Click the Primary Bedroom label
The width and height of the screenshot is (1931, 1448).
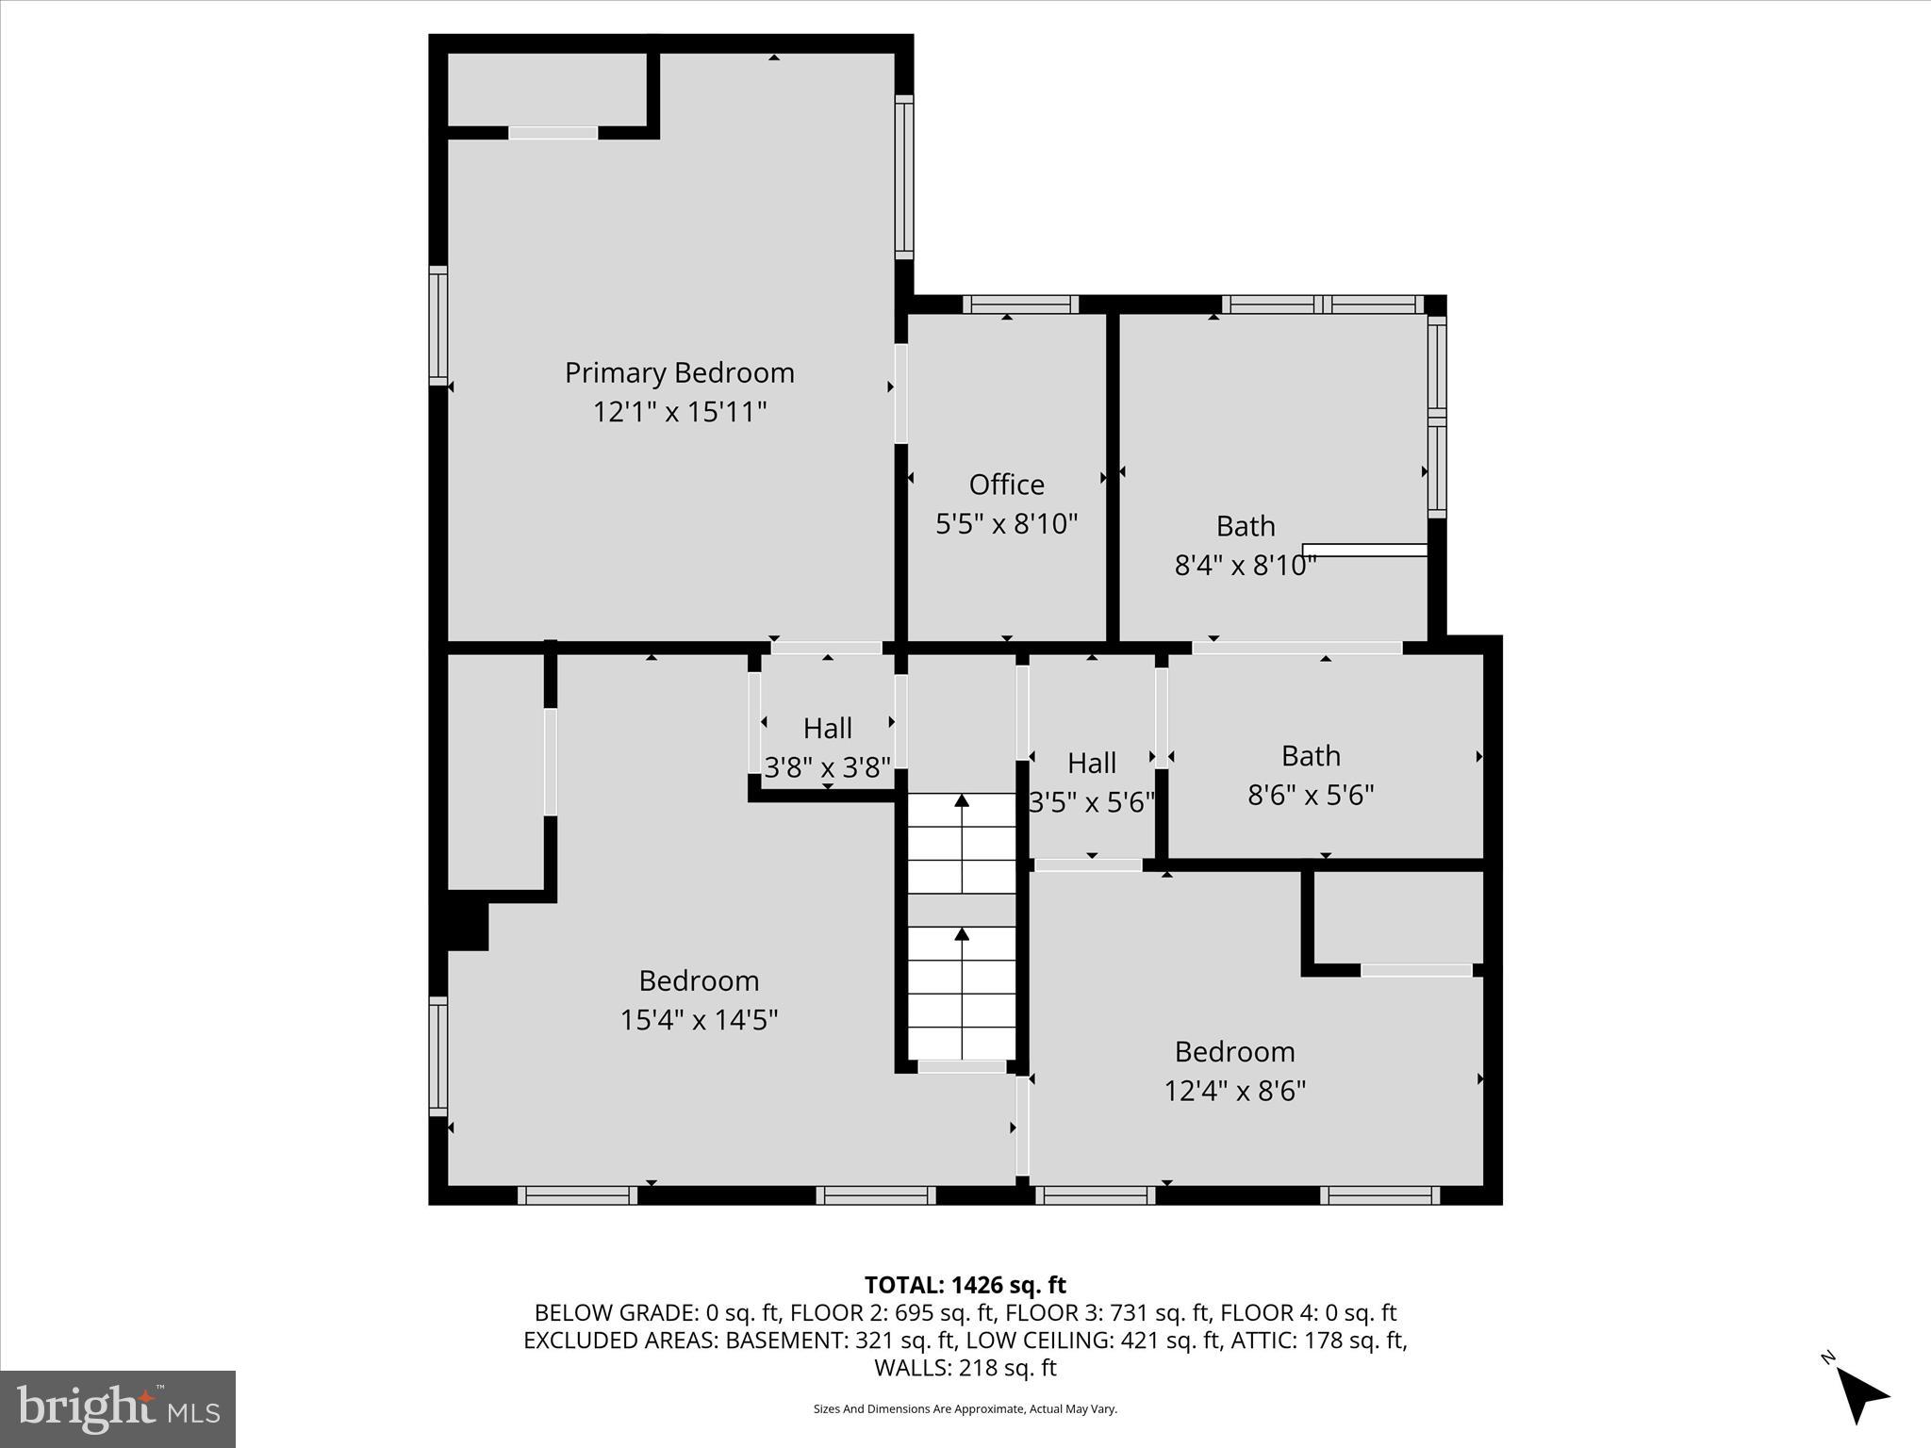pyautogui.click(x=679, y=373)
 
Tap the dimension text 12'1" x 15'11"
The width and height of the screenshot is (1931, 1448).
pyautogui.click(x=679, y=413)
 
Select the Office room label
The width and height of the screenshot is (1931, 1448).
pyautogui.click(x=1006, y=485)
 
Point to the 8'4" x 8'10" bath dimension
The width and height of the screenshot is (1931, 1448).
pyautogui.click(x=1245, y=566)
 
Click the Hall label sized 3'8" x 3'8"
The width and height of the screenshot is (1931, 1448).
pyautogui.click(x=827, y=729)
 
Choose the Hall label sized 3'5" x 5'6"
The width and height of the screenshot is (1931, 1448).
pyautogui.click(x=1092, y=763)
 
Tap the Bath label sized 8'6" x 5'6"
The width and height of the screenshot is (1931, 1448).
pyautogui.click(x=1310, y=756)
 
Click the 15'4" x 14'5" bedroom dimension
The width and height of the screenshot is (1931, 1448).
pyautogui.click(x=698, y=1021)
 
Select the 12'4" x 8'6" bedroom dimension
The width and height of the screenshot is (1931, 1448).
pyautogui.click(x=1234, y=1092)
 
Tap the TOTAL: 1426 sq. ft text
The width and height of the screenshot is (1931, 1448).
pyautogui.click(x=965, y=1285)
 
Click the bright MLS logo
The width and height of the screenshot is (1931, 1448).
pyautogui.click(x=118, y=1408)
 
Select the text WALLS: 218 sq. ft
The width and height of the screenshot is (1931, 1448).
pyautogui.click(x=965, y=1368)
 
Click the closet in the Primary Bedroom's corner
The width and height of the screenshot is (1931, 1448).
pyautogui.click(x=547, y=90)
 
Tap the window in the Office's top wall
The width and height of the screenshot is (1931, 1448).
pyautogui.click(x=1020, y=304)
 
